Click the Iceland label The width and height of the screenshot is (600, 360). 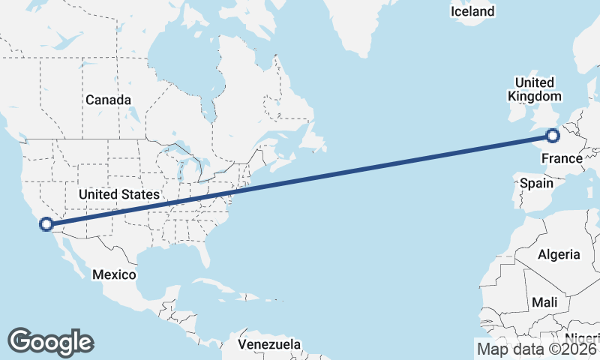click(x=472, y=11)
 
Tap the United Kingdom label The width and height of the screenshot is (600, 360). click(x=534, y=89)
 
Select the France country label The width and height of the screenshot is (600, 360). click(x=562, y=158)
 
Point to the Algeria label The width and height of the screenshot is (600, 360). click(x=559, y=254)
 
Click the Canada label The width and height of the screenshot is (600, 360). click(x=108, y=100)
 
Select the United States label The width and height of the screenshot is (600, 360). click(x=119, y=194)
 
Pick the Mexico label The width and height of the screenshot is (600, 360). click(x=114, y=274)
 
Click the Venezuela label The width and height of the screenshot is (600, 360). click(x=269, y=344)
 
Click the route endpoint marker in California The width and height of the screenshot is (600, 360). click(x=46, y=223)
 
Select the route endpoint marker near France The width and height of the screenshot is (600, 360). click(x=553, y=136)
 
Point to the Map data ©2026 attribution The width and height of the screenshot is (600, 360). click(x=537, y=349)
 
